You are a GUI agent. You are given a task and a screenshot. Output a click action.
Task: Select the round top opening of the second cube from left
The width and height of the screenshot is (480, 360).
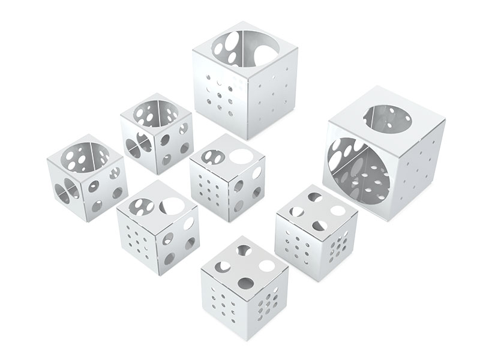point(155,114)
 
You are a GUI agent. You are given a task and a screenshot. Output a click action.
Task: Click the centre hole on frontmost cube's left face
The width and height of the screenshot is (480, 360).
point(224,304)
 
